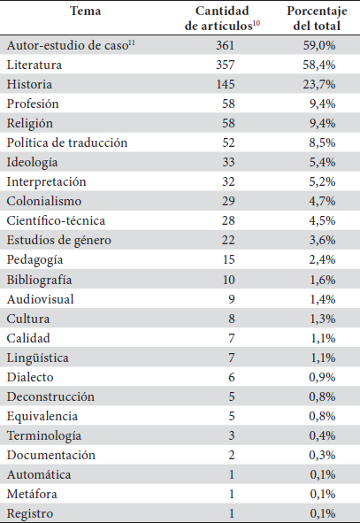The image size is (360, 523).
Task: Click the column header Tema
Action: (85, 11)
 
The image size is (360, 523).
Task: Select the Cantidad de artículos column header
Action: (222, 19)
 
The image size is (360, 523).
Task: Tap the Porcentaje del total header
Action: (317, 19)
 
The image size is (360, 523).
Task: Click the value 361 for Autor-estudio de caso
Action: (225, 45)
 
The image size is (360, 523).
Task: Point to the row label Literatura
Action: (34, 65)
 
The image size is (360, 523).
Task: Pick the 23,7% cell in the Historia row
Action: (319, 84)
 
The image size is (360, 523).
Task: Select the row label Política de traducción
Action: (67, 142)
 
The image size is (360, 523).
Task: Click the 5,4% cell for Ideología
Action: (322, 162)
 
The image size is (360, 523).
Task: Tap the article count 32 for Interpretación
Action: (228, 181)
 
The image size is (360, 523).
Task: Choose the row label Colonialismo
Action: (44, 201)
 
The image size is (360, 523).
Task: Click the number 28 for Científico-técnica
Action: (228, 220)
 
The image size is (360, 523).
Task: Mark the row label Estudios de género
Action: (59, 241)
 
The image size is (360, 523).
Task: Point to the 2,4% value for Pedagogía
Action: (322, 259)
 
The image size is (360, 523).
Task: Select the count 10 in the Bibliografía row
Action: (229, 279)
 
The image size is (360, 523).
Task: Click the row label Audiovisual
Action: (41, 299)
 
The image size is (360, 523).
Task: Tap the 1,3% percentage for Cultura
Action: (323, 319)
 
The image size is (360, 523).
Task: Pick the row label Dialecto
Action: (30, 377)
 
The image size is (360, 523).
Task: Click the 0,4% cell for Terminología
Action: (322, 435)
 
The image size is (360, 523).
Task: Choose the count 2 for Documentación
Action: (232, 455)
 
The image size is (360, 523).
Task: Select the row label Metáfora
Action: (32, 494)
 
